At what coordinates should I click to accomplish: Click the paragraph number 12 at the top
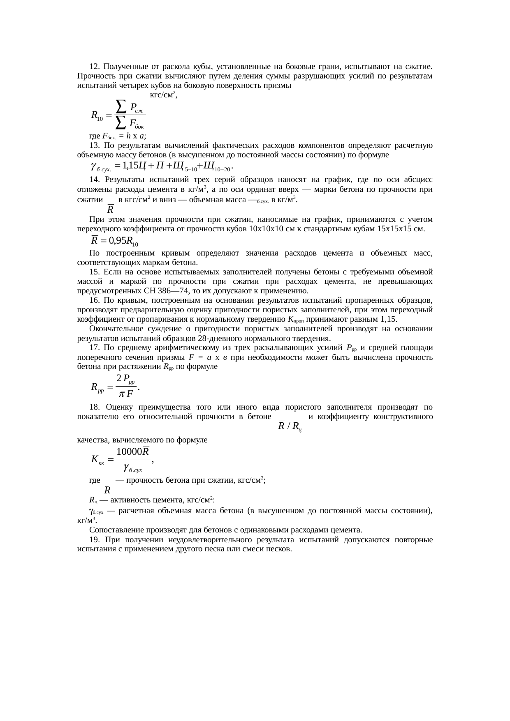click(x=94, y=67)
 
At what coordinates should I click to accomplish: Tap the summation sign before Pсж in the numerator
click(x=121, y=106)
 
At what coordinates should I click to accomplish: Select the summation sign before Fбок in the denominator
click(x=121, y=122)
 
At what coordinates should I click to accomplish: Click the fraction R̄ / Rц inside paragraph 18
click(x=290, y=426)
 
